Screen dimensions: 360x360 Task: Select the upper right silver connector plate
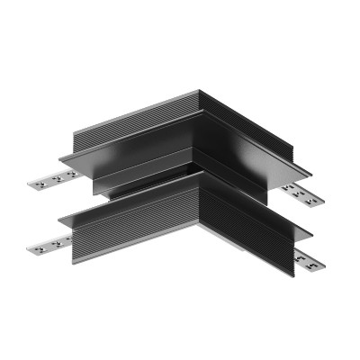(x=301, y=193)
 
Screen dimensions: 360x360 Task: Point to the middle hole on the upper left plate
(x=51, y=180)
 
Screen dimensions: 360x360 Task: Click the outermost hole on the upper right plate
(x=311, y=197)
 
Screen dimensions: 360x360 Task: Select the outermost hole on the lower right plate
(x=319, y=265)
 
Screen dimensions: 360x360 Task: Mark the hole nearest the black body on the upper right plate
(x=290, y=188)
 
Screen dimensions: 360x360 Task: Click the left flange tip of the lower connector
(x=61, y=219)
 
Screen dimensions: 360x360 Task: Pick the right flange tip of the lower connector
(x=310, y=239)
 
